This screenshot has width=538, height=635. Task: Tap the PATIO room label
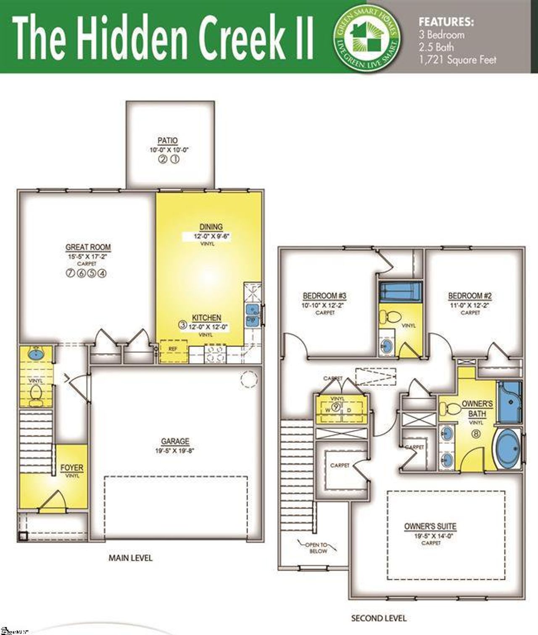click(x=167, y=141)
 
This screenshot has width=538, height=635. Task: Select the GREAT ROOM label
click(x=88, y=247)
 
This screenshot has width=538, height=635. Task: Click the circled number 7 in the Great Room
click(x=70, y=273)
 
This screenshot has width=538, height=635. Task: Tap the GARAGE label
click(x=175, y=441)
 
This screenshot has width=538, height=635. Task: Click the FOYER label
click(x=72, y=467)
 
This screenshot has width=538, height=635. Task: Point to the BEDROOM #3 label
click(x=324, y=296)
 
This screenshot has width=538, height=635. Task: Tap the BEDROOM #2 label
click(x=470, y=296)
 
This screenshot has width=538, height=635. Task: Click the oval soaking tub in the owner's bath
click(x=509, y=449)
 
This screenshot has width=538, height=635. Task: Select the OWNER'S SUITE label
click(x=430, y=526)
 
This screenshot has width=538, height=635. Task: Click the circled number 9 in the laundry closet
click(x=336, y=406)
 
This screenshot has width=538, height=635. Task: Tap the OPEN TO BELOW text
click(x=317, y=548)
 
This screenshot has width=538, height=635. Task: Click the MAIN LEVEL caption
click(x=130, y=558)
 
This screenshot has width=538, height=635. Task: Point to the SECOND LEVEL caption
click(x=379, y=618)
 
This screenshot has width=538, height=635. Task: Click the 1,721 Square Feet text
click(x=457, y=60)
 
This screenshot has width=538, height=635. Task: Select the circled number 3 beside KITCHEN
click(x=182, y=324)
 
